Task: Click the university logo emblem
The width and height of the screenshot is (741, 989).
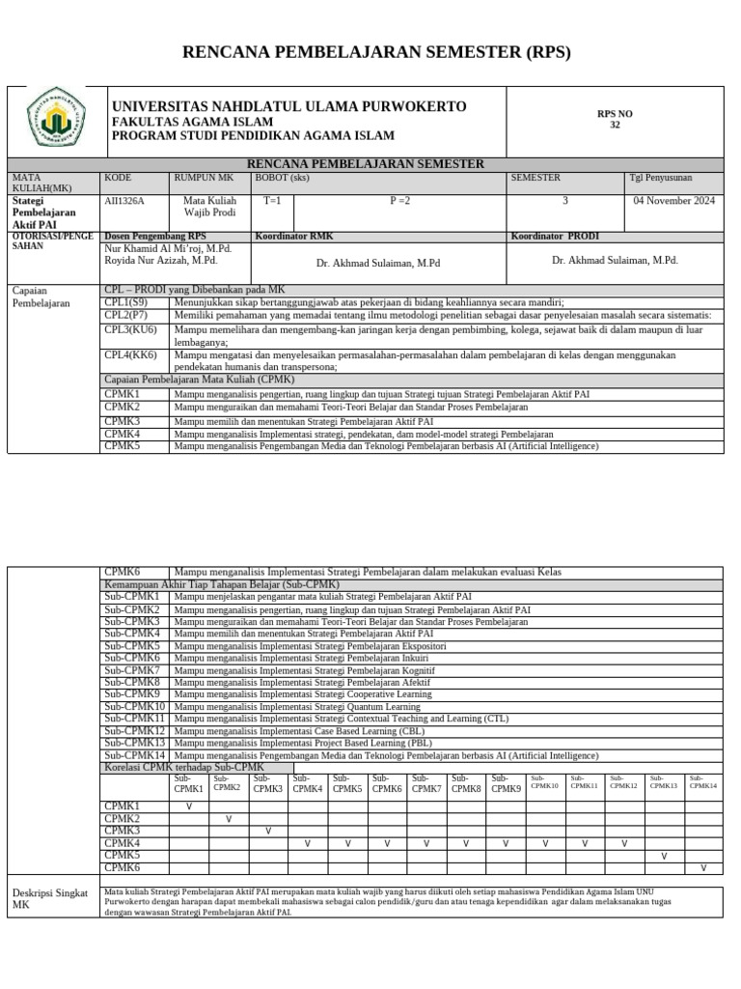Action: [57, 122]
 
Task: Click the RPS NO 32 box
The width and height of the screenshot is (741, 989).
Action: [615, 120]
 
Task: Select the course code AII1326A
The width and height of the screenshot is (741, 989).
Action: [123, 201]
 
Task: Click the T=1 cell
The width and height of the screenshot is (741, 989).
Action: [272, 201]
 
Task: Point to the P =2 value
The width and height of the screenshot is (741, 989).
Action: [399, 201]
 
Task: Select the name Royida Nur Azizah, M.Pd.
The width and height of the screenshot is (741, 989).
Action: [160, 261]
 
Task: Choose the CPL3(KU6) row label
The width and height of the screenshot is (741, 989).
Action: [129, 329]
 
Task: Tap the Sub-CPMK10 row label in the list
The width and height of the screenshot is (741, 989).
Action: [135, 707]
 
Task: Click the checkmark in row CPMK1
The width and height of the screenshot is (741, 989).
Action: [188, 805]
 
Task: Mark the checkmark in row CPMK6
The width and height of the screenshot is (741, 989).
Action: [702, 868]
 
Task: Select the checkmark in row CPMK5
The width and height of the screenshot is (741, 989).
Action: [663, 856]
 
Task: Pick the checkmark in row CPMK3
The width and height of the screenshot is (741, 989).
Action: [268, 831]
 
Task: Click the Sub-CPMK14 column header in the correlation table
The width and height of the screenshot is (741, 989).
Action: [702, 782]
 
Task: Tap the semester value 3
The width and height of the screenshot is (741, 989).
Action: [564, 201]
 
